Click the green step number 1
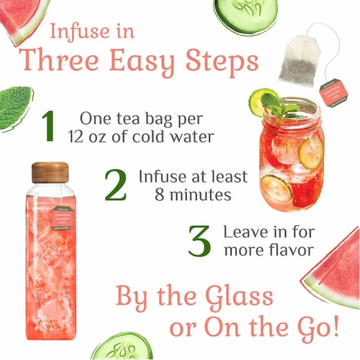(x=48, y=128)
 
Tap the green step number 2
(x=115, y=185)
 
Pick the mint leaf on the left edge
(x=14, y=107)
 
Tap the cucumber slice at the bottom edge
(x=122, y=347)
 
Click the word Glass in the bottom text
(x=238, y=297)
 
